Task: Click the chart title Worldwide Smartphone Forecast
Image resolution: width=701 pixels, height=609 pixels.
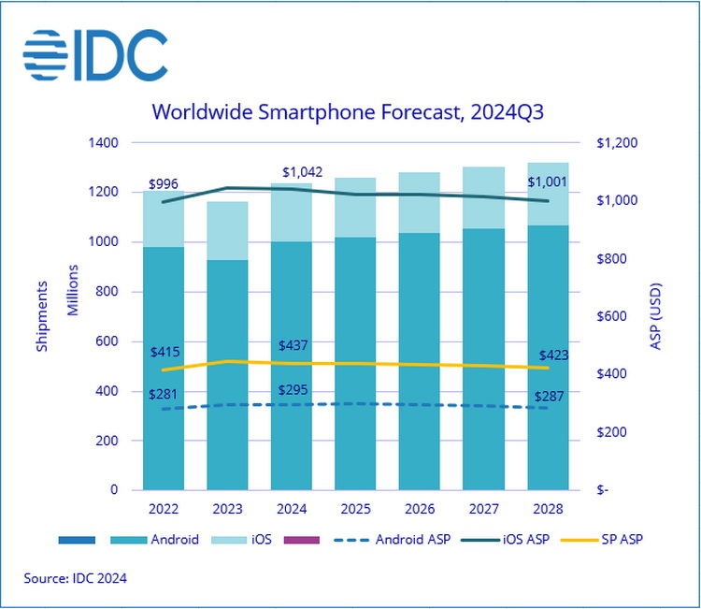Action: pyautogui.click(x=348, y=113)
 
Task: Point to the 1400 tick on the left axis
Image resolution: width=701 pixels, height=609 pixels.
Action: pyautogui.click(x=103, y=143)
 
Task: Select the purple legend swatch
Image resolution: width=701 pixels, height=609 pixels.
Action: pyautogui.click(x=301, y=540)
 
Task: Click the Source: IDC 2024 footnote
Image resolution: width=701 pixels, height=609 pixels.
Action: pyautogui.click(x=76, y=578)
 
